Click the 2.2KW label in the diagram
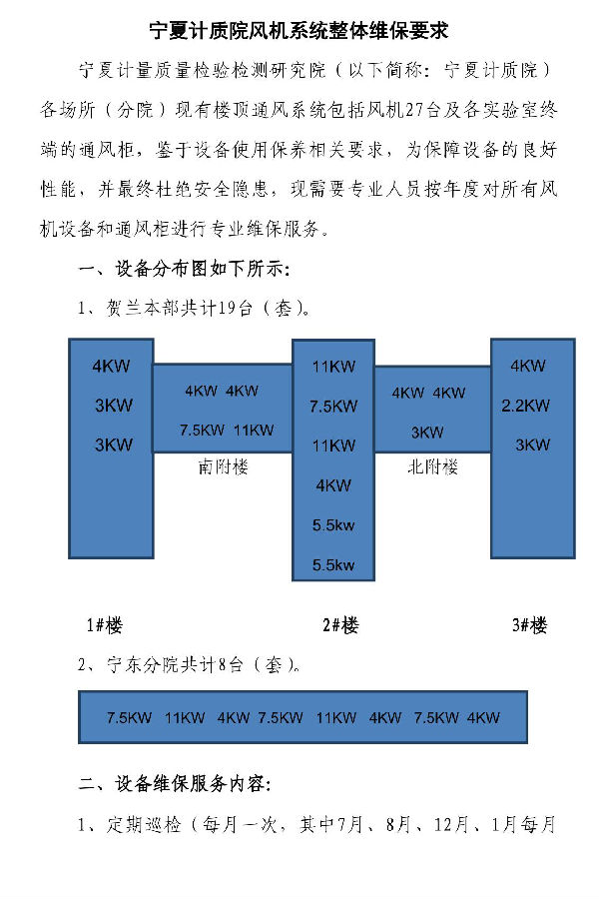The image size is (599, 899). tap(526, 406)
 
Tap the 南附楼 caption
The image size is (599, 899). tap(223, 467)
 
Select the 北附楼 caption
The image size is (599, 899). tap(432, 467)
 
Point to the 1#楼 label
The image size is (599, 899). tap(104, 625)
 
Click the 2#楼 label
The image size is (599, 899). tap(340, 625)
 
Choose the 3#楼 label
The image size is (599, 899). tap(530, 625)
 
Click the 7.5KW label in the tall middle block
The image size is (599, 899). tap(333, 407)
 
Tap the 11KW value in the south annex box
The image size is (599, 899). tap(254, 430)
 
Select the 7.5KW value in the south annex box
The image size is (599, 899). tap(202, 430)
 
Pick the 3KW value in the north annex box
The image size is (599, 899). tap(427, 433)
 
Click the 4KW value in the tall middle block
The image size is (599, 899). tap(333, 485)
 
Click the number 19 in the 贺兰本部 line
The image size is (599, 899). tap(227, 308)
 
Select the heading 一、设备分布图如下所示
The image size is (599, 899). tap(184, 269)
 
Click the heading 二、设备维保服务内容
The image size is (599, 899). tap(175, 784)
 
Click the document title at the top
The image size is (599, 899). tap(299, 31)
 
